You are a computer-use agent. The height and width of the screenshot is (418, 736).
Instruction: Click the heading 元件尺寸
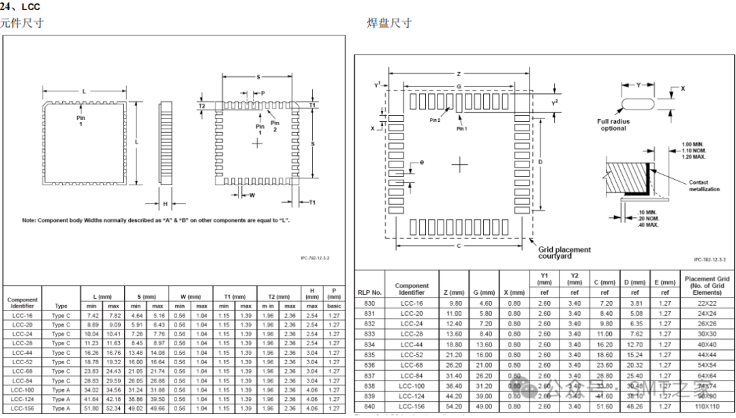point(22,23)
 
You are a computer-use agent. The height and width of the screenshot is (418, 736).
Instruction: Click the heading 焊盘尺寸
point(390,23)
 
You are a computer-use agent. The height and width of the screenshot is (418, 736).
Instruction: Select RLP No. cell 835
point(369,355)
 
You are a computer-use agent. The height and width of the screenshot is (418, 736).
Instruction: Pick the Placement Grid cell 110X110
point(707,407)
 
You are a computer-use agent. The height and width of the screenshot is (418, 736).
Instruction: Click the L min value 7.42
point(93,316)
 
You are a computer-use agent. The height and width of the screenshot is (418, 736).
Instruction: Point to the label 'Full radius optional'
point(613,125)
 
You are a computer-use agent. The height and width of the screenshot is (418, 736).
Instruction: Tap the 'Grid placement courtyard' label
point(564,253)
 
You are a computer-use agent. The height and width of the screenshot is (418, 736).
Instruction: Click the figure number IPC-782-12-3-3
point(709,259)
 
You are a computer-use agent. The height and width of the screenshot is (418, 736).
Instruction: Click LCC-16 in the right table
point(412,303)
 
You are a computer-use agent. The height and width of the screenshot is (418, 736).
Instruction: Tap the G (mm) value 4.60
point(484,303)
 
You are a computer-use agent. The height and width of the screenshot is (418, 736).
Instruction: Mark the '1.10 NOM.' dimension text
point(694,150)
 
